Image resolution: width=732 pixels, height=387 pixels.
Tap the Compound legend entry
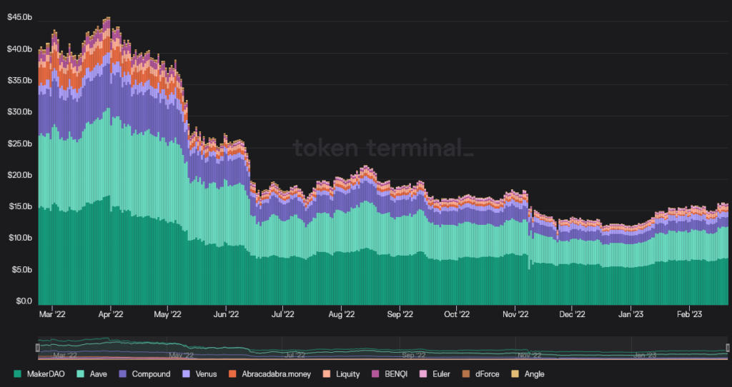tap(146, 373)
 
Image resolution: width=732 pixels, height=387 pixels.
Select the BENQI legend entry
tap(395, 373)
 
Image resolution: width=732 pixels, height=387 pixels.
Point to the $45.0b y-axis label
tap(19, 17)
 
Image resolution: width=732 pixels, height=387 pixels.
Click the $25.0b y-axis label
tap(19, 144)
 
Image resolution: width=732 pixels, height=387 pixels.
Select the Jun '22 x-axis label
tap(226, 313)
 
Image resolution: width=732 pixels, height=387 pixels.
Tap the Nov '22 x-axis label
tap(515, 313)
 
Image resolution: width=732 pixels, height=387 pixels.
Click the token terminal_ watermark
tap(383, 148)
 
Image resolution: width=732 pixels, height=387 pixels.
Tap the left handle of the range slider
tap(38, 347)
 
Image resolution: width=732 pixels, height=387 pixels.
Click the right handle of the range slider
tap(728, 347)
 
